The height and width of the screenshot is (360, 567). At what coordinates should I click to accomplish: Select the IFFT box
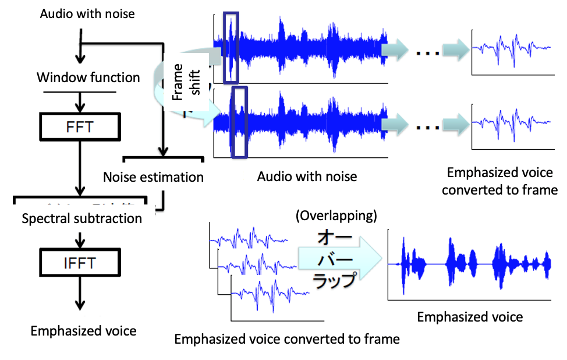click(x=80, y=263)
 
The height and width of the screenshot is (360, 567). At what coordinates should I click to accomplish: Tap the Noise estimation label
click(x=153, y=177)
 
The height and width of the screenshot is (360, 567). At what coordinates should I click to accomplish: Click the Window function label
click(x=88, y=77)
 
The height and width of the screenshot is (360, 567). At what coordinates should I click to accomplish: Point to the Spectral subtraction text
click(x=81, y=219)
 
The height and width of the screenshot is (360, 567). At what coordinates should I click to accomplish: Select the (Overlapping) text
click(x=336, y=216)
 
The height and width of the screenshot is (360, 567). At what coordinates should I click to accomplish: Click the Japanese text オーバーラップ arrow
click(x=338, y=256)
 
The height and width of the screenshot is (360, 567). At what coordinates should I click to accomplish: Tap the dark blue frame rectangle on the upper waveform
click(x=231, y=47)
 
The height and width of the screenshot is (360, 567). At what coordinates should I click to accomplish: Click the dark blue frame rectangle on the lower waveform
click(x=239, y=122)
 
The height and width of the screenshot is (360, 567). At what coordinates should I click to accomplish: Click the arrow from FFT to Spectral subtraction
click(x=80, y=169)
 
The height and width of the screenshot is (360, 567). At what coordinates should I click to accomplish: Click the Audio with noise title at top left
click(x=87, y=13)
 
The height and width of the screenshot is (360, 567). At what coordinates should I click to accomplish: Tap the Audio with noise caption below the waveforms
click(x=307, y=176)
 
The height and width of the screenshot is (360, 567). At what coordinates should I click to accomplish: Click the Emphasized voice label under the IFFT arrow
click(x=83, y=331)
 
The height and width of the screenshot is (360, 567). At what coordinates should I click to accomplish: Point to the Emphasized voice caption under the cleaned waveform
click(x=470, y=317)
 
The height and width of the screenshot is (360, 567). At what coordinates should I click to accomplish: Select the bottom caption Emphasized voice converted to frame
click(x=287, y=339)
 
